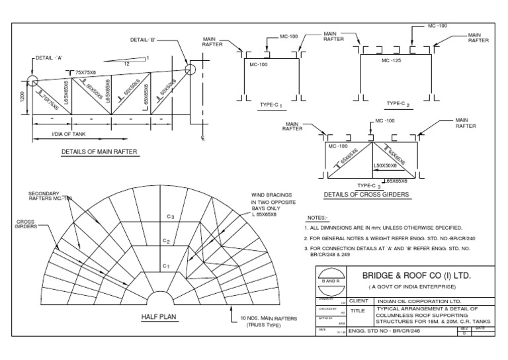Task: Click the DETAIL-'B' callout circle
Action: coord(190,67)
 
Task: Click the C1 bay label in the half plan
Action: coord(168,265)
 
